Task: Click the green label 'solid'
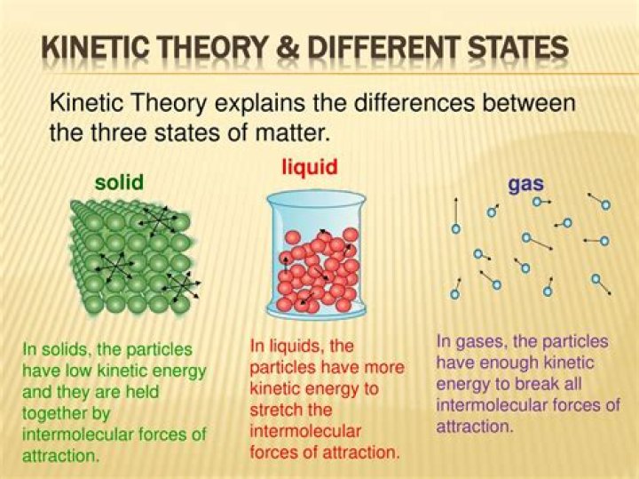pyautogui.click(x=119, y=182)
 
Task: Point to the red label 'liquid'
pyautogui.click(x=310, y=167)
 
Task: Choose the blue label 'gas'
pyautogui.click(x=525, y=185)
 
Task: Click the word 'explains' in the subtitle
pyautogui.click(x=259, y=103)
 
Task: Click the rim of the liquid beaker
pyautogui.click(x=316, y=192)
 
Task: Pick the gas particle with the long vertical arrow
pyautogui.click(x=456, y=229)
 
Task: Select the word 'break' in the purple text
pyautogui.click(x=534, y=384)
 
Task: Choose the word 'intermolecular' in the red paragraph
pyautogui.click(x=305, y=431)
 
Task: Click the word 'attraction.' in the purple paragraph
pyautogui.click(x=474, y=427)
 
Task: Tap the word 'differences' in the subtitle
pyautogui.click(x=414, y=103)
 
